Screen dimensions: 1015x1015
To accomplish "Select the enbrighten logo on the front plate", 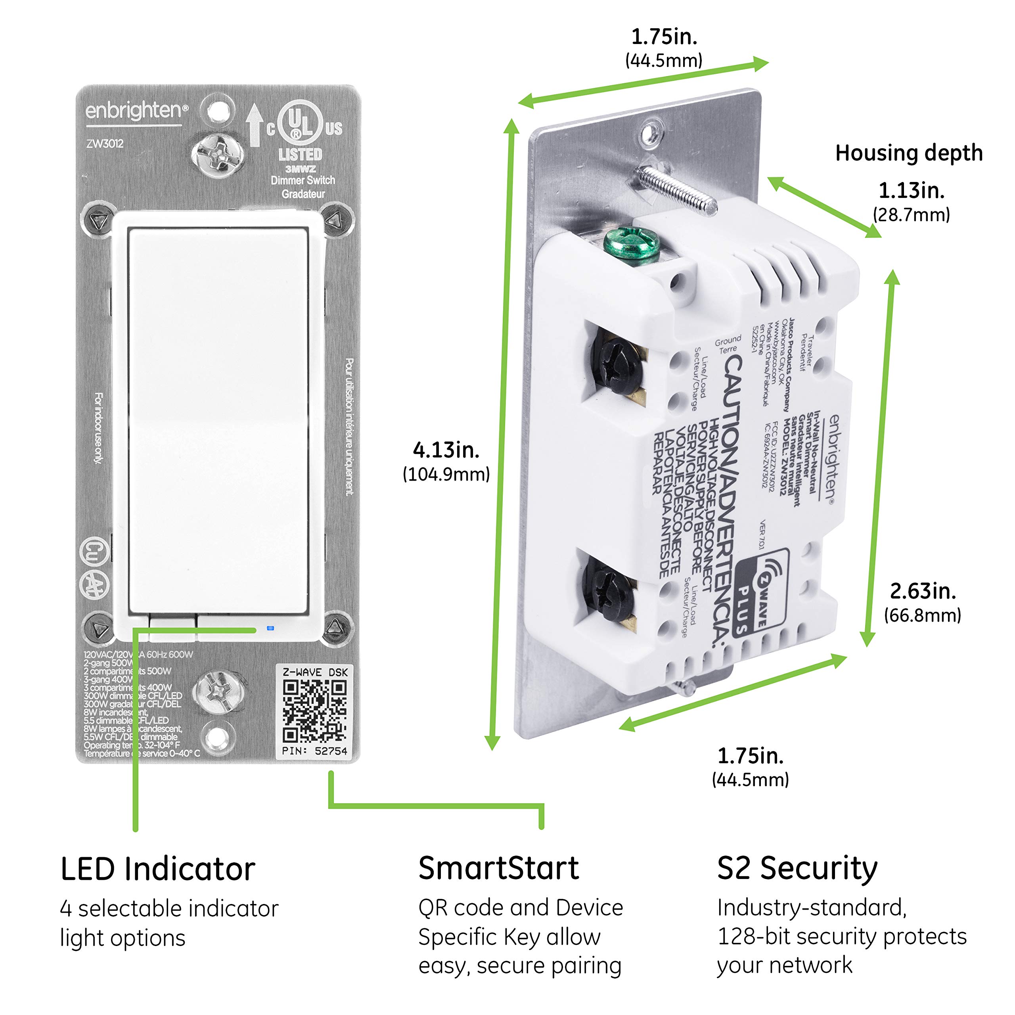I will [136, 111].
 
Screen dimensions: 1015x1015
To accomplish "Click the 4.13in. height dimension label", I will [446, 450].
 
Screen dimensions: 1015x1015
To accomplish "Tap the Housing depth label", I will [908, 153].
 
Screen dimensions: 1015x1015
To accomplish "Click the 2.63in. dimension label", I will [923, 591].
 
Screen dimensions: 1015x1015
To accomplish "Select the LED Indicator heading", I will [158, 869].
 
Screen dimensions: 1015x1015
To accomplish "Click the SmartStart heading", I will [498, 868].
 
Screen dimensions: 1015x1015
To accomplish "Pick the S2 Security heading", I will [797, 868].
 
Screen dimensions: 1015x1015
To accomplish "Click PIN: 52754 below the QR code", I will [314, 751].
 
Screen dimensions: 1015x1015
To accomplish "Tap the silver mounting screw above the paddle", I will [217, 154].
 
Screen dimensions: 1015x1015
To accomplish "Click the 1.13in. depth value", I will [912, 190].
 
